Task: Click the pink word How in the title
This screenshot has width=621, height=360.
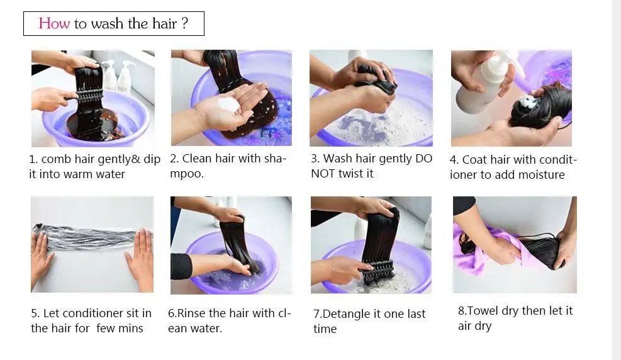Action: [x=54, y=24]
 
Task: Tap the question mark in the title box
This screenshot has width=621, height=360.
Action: [x=184, y=24]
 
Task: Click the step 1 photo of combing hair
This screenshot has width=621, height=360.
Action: [x=92, y=98]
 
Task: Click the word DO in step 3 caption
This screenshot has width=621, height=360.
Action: [x=423, y=159]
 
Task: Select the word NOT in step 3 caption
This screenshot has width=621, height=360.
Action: [x=323, y=174]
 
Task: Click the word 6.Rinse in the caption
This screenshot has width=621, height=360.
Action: [x=187, y=313]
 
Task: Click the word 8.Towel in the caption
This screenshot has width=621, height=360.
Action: [x=478, y=311]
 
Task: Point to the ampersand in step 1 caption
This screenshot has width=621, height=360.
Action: [x=135, y=159]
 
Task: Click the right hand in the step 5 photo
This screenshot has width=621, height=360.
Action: [x=140, y=258]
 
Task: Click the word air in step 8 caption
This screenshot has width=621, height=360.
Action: [x=466, y=326]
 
